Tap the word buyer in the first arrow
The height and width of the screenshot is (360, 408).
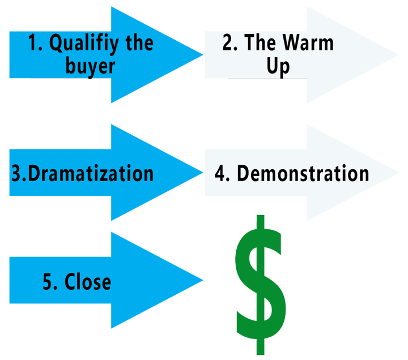pos(90,67)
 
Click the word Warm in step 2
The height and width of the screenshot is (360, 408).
pos(308,42)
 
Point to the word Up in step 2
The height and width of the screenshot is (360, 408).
pos(278,67)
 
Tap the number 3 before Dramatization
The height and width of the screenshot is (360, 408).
pos(18,173)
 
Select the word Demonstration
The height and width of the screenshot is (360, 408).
pos(303,173)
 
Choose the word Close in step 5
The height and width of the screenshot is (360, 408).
pos(88,281)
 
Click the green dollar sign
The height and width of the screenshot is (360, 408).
pos(261,285)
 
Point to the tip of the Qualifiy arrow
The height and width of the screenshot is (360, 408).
pos(203,55)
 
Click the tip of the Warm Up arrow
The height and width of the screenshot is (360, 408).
pos(398,55)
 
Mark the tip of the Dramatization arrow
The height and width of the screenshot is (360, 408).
pos(203,172)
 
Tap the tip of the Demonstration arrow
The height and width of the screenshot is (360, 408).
pos(398,172)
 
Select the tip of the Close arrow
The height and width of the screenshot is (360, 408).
pos(203,280)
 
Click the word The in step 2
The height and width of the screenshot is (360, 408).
pos(260,42)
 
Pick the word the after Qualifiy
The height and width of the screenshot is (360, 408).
pos(140,42)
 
